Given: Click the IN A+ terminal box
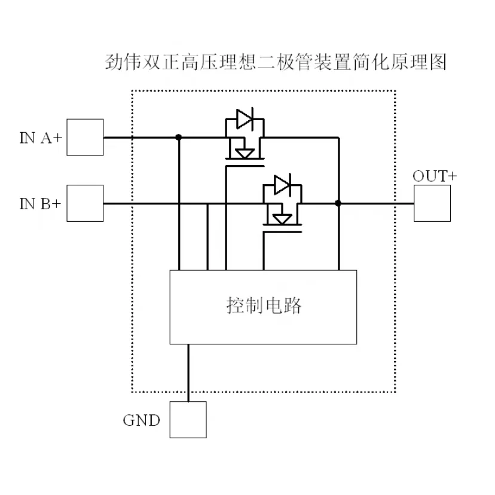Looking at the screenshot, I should pos(84,137).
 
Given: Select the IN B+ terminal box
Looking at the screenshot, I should pos(84,203).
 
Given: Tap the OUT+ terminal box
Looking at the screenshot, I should pos(432,203).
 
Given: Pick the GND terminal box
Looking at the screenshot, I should pos(188,420).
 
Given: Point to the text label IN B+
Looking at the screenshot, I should pos(40,204).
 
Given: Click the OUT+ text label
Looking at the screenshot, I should pos(435,176).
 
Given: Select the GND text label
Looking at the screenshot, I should pos(142,420).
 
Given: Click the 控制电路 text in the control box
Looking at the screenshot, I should pos(264,306).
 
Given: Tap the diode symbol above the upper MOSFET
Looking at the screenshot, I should pos(245,119).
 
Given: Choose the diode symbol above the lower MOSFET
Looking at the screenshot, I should pos(282,185).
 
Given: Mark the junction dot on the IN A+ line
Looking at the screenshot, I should pos(178,137).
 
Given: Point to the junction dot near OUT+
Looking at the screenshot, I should pos(338,203).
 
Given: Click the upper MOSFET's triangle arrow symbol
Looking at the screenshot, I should pos(245,153).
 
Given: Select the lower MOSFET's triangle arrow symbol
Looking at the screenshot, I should pos(282,219).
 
